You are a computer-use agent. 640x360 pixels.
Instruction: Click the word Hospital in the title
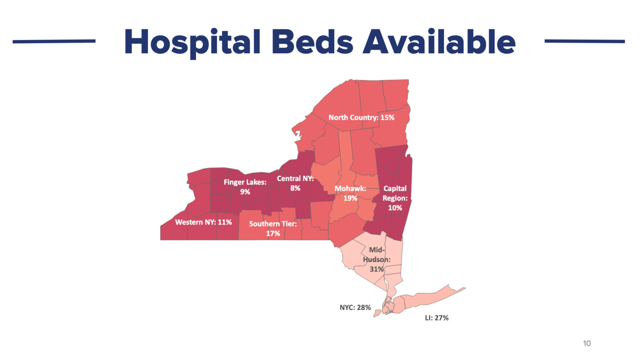(192, 42)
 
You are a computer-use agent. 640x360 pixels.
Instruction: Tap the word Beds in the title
(312, 42)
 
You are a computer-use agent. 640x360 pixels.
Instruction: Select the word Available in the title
(439, 42)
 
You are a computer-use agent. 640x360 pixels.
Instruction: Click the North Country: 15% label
(361, 118)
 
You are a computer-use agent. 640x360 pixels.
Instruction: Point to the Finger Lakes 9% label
(245, 187)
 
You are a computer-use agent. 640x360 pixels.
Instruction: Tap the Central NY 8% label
(295, 183)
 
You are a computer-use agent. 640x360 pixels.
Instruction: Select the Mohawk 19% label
(350, 193)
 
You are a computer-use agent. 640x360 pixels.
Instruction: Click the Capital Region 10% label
(395, 198)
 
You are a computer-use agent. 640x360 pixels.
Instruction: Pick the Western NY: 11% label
(203, 222)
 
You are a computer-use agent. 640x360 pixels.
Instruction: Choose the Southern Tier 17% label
(273, 228)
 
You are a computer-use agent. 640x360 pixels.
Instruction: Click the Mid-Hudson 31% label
(376, 260)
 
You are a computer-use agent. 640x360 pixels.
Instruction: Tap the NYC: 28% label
(355, 308)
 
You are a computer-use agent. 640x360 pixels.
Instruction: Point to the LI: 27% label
(436, 318)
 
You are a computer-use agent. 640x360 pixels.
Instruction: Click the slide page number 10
(587, 343)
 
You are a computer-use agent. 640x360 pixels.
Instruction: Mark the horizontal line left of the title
(54, 41)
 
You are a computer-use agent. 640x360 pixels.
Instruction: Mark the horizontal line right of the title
(584, 41)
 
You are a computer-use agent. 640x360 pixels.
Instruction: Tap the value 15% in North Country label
(387, 118)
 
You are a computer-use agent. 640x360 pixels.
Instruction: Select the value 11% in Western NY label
(224, 222)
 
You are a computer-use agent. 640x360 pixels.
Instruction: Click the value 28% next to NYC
(364, 308)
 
